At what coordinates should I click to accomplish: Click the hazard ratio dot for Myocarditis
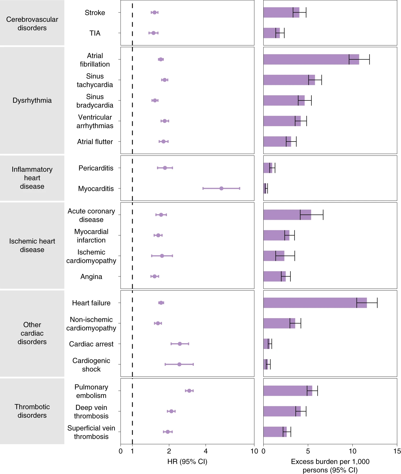(x=221, y=188)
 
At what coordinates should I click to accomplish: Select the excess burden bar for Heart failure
(x=315, y=303)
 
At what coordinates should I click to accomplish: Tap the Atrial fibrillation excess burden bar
(x=311, y=59)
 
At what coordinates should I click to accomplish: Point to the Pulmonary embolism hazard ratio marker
(x=189, y=391)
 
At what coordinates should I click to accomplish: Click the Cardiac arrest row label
(x=91, y=344)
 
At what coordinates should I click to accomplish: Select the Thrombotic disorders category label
(x=32, y=411)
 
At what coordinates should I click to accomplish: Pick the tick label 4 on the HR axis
(x=206, y=451)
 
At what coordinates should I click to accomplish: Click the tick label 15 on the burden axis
(x=397, y=451)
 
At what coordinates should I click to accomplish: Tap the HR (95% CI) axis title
(x=187, y=461)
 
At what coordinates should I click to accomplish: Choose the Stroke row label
(x=95, y=13)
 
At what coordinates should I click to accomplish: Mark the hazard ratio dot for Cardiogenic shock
(x=179, y=364)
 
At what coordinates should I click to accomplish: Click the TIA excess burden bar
(x=271, y=33)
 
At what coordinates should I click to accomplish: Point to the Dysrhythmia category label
(x=32, y=100)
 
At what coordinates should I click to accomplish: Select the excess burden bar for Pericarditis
(x=268, y=168)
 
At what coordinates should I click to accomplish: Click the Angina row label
(x=91, y=276)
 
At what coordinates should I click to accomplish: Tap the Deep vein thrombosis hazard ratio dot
(x=171, y=411)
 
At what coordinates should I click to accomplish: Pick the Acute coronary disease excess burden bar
(x=287, y=215)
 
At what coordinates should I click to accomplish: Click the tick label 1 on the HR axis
(x=132, y=451)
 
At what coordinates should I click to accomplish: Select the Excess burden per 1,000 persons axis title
(x=330, y=466)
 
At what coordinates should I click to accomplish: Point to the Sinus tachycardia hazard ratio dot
(x=165, y=80)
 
